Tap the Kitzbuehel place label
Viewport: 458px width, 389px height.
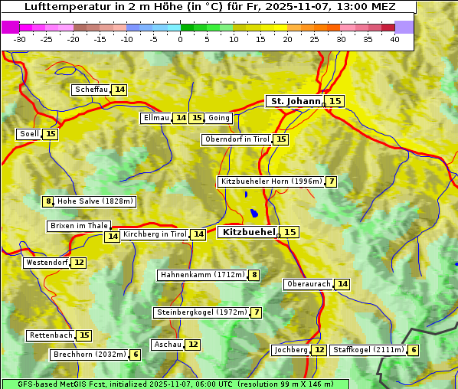coord(247,231)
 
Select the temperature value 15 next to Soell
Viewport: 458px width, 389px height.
coord(51,134)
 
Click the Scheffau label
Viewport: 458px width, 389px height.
coord(91,90)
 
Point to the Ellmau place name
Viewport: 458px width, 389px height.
coord(155,118)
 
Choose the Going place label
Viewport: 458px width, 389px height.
coord(219,118)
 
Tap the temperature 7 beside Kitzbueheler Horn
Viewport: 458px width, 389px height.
coord(331,181)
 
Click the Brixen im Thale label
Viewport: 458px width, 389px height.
coord(79,226)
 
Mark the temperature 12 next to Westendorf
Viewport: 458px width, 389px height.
coord(79,263)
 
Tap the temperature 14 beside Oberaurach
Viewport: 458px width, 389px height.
coord(342,284)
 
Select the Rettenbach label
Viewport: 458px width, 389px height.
coord(51,335)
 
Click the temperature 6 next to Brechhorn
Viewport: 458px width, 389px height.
coord(136,355)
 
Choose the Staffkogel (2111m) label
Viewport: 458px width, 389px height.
coord(368,350)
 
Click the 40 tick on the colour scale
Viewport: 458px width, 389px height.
coord(394,38)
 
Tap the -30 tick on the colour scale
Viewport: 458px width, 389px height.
coord(20,38)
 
